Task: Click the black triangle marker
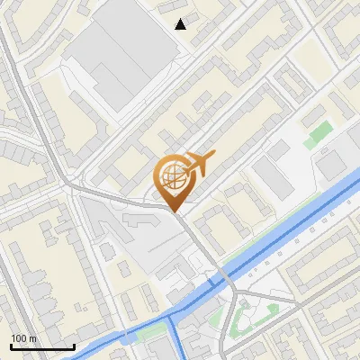pyautogui.click(x=181, y=24)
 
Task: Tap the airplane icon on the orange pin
pyautogui.click(x=199, y=162)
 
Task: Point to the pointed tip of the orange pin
pyautogui.click(x=173, y=212)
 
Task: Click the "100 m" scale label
pyautogui.click(x=23, y=338)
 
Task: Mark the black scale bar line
pyautogui.click(x=42, y=346)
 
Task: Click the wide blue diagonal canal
pyautogui.click(x=288, y=233)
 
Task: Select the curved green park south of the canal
pyautogui.click(x=241, y=320)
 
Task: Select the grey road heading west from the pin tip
pyautogui.click(x=117, y=196)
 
